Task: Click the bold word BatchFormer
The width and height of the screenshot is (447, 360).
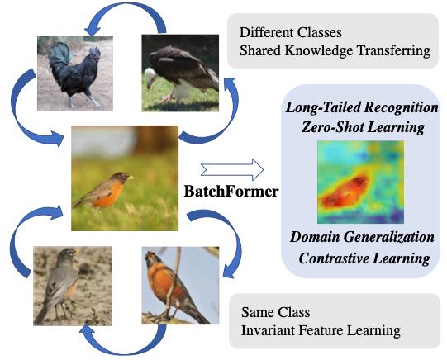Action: pyautogui.click(x=231, y=191)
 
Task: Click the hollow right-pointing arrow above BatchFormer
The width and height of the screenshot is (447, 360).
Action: pyautogui.click(x=232, y=170)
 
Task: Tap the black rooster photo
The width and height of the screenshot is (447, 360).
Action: pyautogui.click(x=75, y=73)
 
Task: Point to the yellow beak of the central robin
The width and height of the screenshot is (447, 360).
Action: pyautogui.click(x=131, y=178)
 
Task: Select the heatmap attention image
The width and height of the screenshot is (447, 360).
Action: pyautogui.click(x=360, y=182)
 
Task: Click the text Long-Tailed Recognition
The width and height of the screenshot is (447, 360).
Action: pyautogui.click(x=362, y=107)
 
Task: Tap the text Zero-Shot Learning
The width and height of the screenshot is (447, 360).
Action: pyautogui.click(x=363, y=126)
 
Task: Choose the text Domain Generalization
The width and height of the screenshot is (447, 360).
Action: pyautogui.click(x=362, y=237)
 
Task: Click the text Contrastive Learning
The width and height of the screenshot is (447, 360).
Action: pyautogui.click(x=364, y=258)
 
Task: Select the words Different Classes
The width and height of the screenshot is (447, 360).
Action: pyautogui.click(x=291, y=32)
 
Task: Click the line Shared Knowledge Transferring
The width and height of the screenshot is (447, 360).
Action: pyautogui.click(x=335, y=50)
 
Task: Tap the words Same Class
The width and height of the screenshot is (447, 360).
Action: pyautogui.click(x=275, y=312)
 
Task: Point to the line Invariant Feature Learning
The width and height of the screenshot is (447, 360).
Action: pyautogui.click(x=321, y=330)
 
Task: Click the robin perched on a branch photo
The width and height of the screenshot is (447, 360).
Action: pyautogui.click(x=180, y=286)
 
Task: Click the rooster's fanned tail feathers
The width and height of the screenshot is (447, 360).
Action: pyautogui.click(x=59, y=53)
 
